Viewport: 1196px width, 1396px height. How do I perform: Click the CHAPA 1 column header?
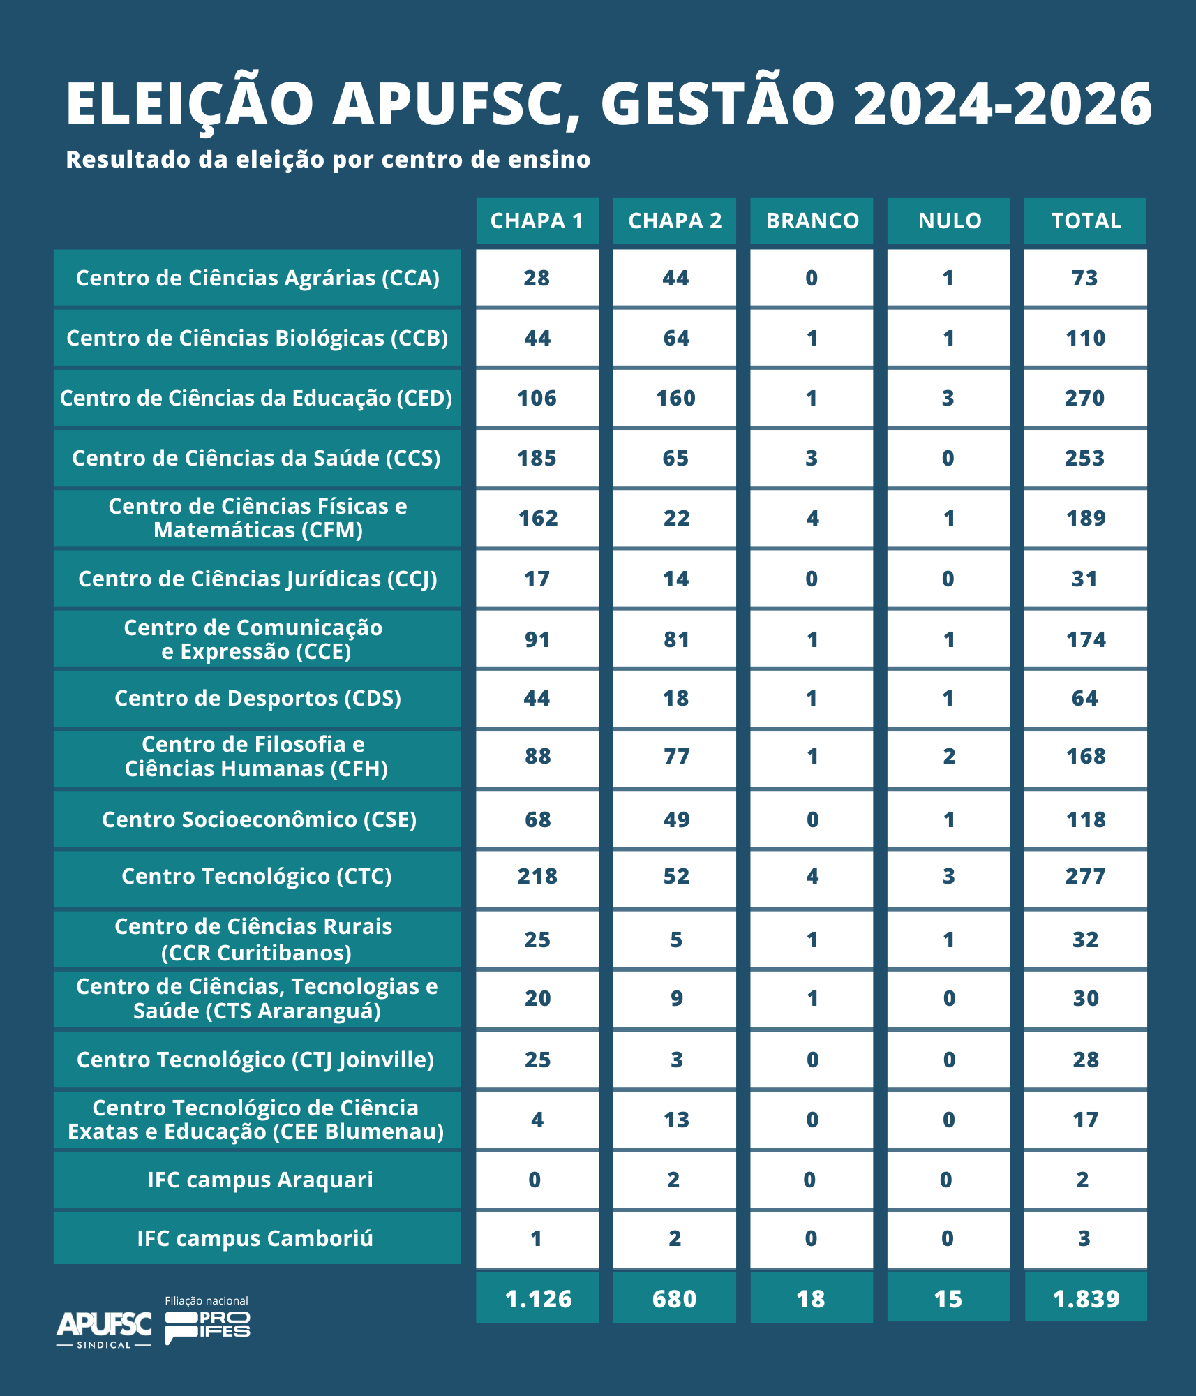pos(537,221)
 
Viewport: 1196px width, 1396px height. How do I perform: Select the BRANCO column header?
pos(812,221)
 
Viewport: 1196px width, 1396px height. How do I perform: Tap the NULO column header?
pos(949,221)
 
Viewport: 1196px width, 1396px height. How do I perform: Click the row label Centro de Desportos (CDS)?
pos(257,698)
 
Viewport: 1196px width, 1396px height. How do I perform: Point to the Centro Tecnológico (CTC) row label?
pos(257,876)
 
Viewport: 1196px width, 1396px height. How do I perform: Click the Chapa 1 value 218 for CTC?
pos(537,876)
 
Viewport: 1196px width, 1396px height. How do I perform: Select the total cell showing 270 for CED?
pos(1085,398)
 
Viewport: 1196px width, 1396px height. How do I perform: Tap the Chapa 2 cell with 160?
pos(675,398)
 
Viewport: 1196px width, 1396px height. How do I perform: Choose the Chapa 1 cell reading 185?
pos(537,458)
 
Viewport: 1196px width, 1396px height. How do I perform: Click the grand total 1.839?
pos(1085,1298)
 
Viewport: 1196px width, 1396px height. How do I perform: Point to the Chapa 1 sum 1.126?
pos(537,1298)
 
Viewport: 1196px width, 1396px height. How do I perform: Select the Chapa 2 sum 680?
pos(675,1298)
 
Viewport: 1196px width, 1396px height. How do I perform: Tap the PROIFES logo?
pos(207,1326)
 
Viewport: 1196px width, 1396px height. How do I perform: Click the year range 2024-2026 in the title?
pos(1002,103)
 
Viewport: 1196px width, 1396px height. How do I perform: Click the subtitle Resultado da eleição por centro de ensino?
pos(328,160)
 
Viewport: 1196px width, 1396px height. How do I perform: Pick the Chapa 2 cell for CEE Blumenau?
pos(675,1120)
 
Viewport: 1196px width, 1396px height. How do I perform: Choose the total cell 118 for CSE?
pos(1085,819)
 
